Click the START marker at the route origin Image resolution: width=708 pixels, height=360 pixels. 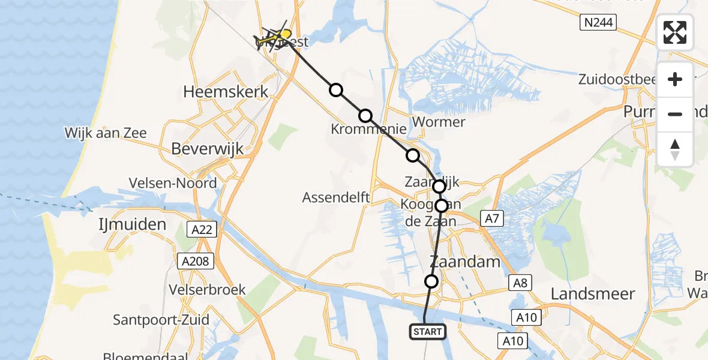[x=428, y=331]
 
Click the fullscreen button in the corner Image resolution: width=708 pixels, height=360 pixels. [x=675, y=32]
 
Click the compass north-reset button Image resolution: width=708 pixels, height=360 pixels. [x=675, y=149]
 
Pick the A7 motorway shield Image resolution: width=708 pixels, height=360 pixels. [x=490, y=220]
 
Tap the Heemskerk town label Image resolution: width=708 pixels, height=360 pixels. [x=226, y=92]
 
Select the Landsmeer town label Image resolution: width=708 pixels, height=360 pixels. [x=592, y=294]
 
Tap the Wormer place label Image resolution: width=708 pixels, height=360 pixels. [x=439, y=122]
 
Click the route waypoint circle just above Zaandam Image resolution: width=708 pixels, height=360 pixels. [x=431, y=281]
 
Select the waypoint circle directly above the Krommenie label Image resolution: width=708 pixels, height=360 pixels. [x=365, y=116]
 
